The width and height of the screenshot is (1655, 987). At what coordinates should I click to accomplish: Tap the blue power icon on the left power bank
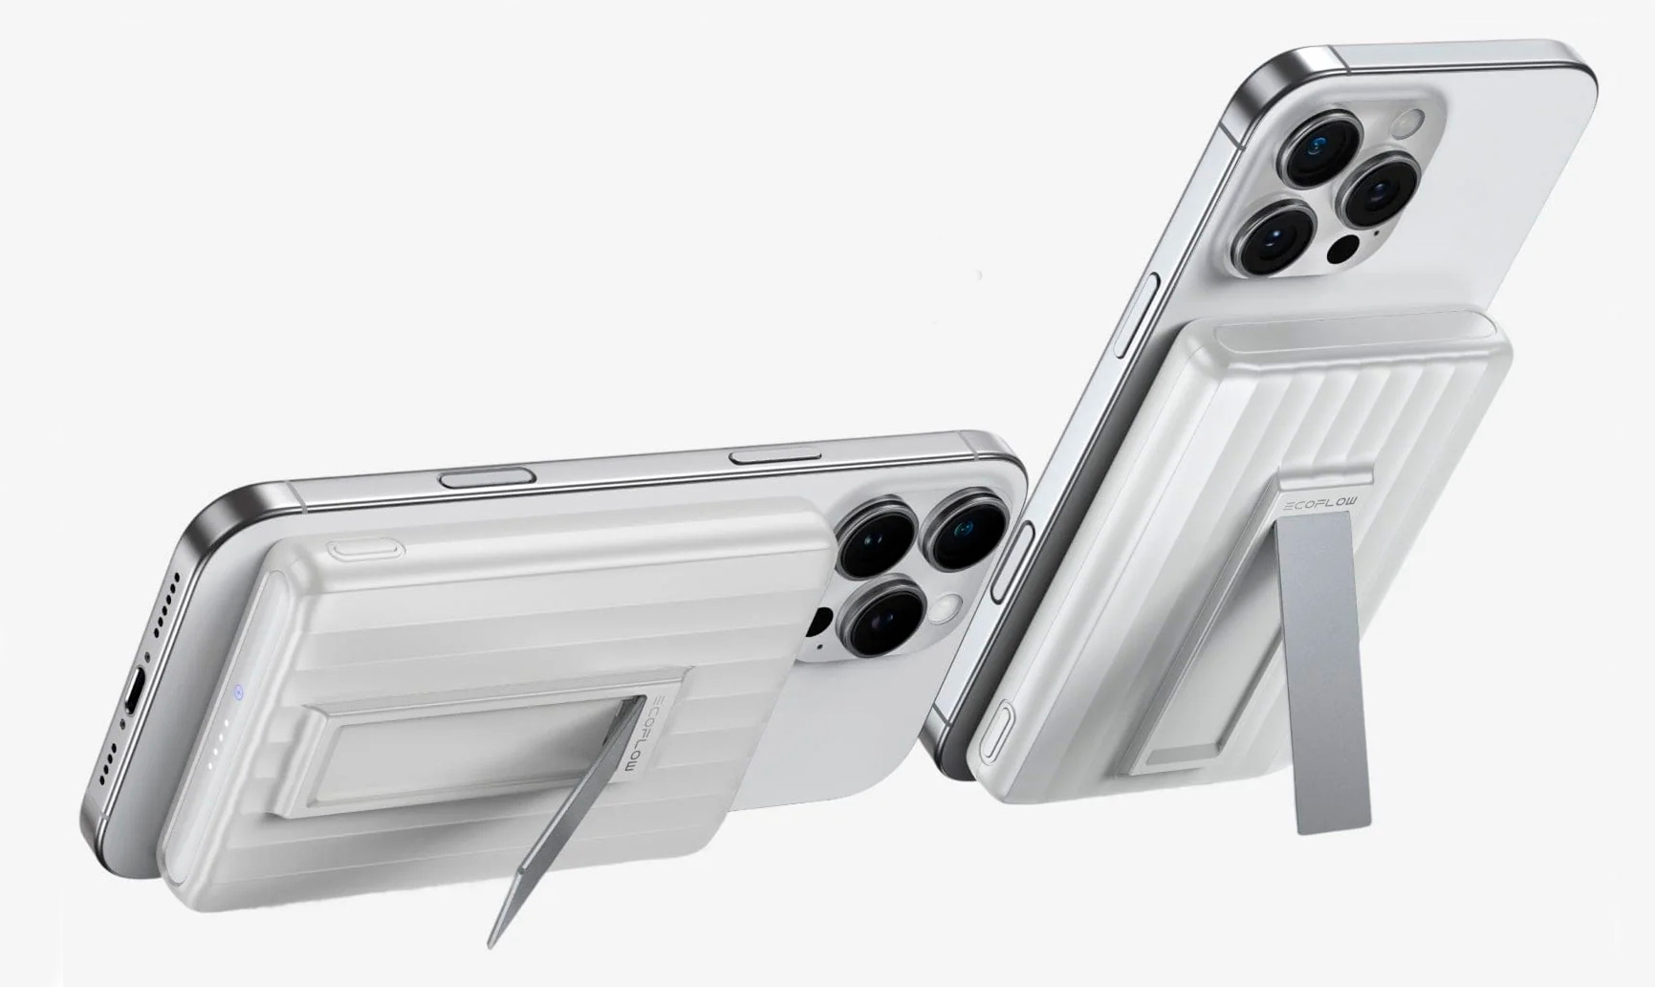click(x=238, y=693)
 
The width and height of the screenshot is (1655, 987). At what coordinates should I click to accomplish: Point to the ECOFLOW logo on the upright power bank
click(x=1325, y=505)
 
